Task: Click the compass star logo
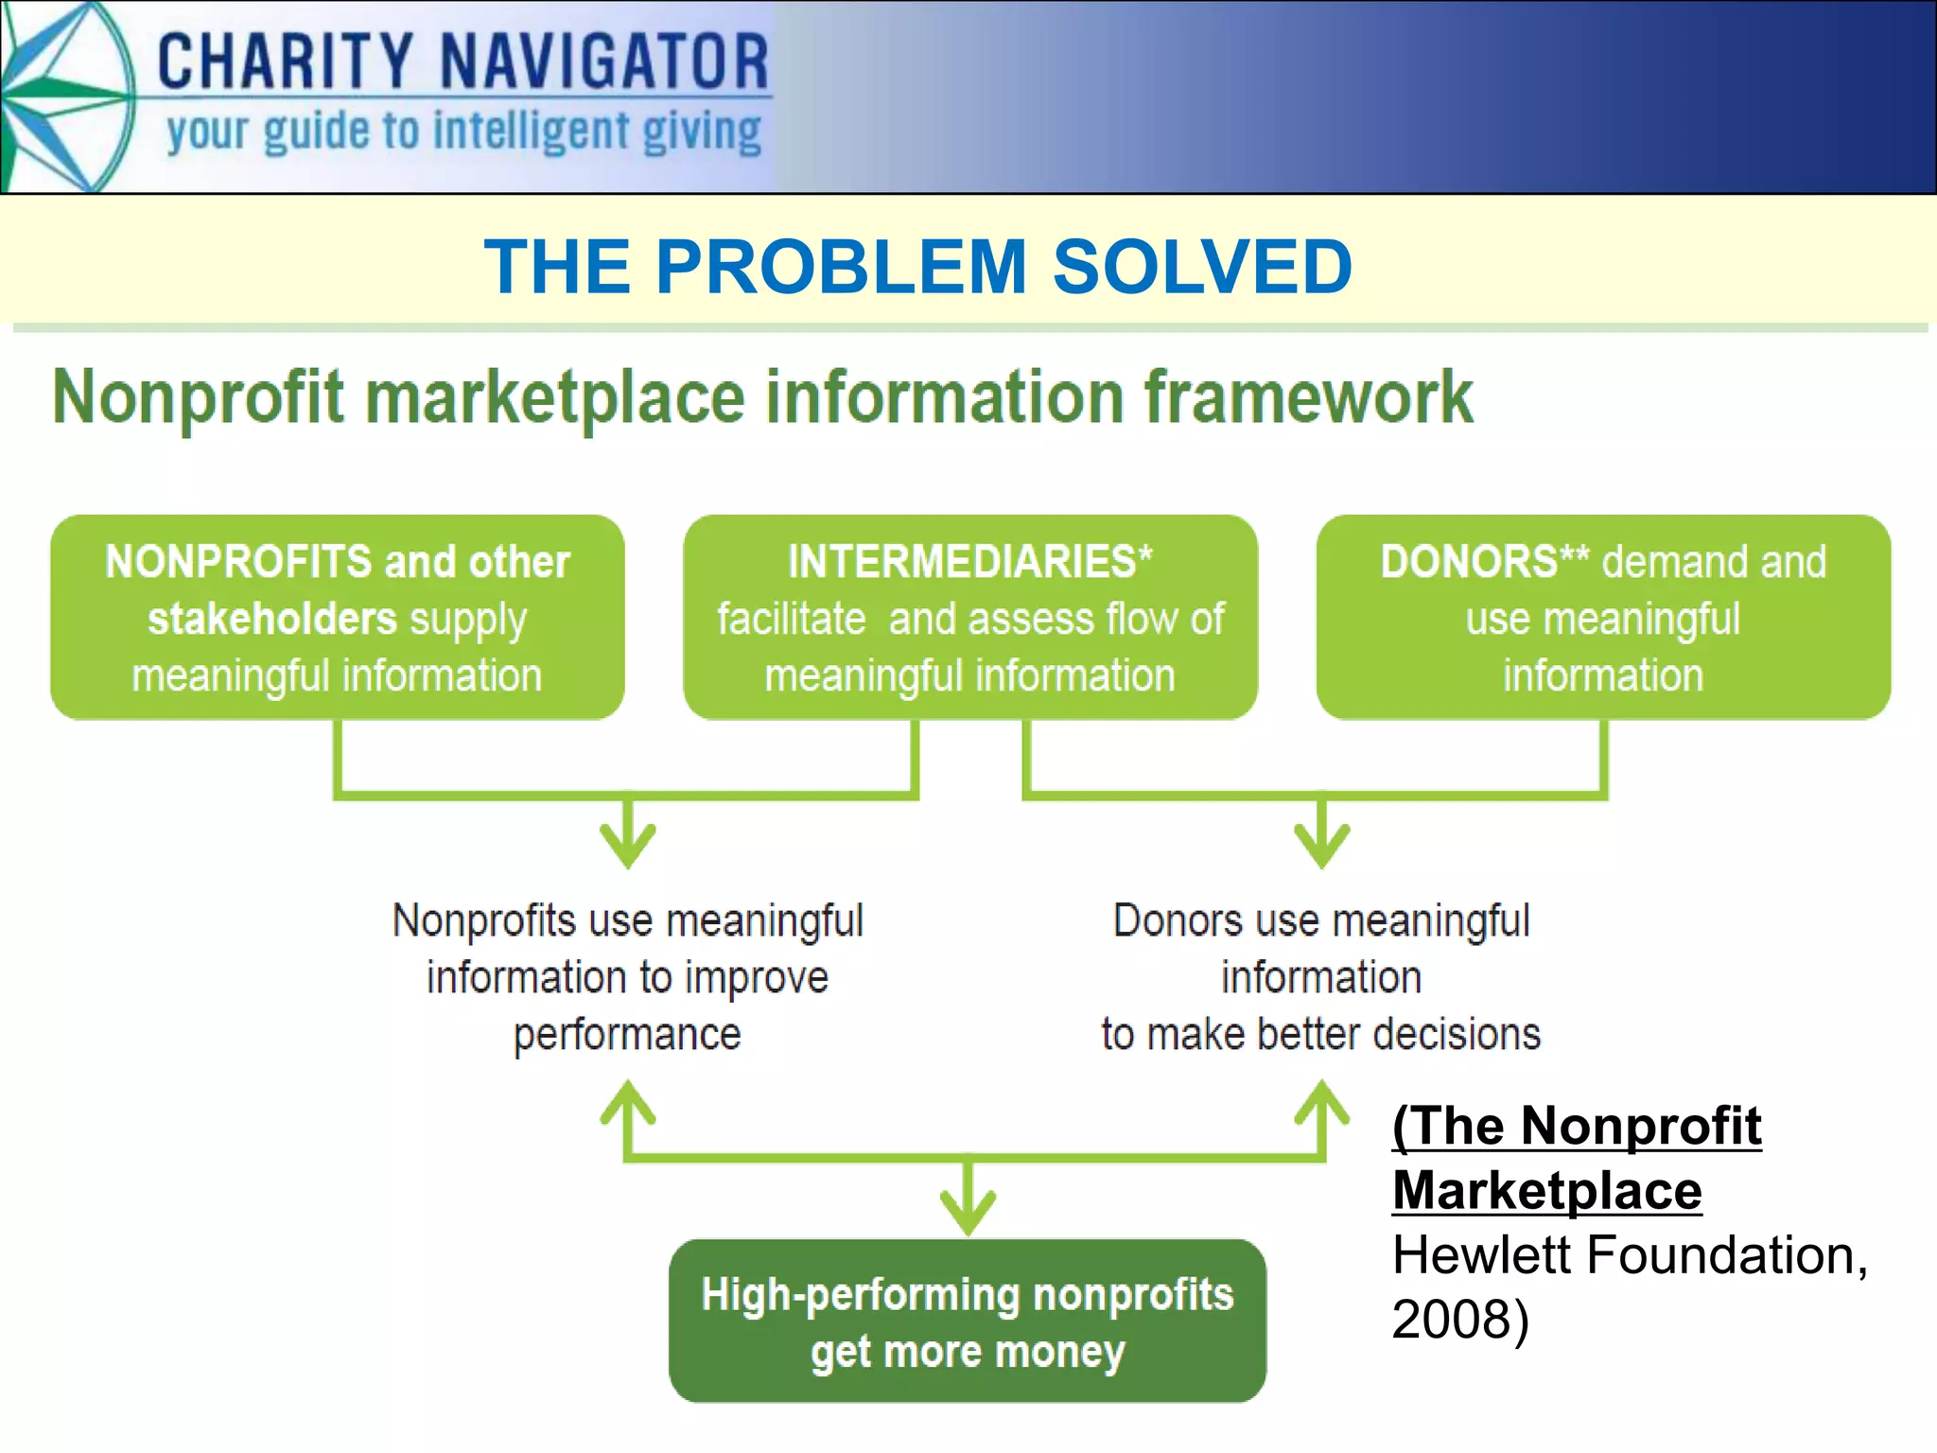61,96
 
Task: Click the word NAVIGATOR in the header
604,61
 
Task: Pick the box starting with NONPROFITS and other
337,617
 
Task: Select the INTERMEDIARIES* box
969,617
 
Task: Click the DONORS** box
1602,617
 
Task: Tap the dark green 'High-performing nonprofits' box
967,1321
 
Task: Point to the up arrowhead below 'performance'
628,1103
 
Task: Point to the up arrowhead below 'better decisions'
1321,1103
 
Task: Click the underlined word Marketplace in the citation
1546,1190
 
